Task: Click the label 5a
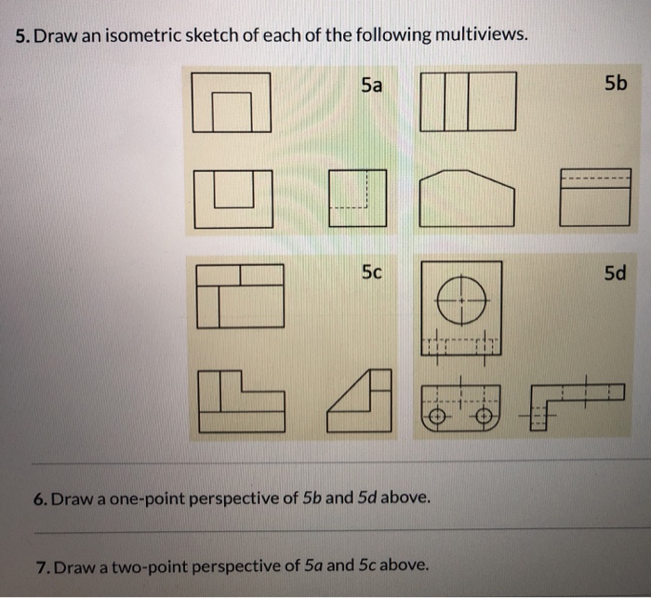370,86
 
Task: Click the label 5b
615,85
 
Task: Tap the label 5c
371,272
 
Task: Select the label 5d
615,272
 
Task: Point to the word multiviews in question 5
476,36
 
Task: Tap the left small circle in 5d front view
436,418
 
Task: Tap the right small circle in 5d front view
484,418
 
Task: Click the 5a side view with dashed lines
358,197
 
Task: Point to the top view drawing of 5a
232,102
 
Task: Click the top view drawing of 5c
240,296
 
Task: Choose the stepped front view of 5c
240,401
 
